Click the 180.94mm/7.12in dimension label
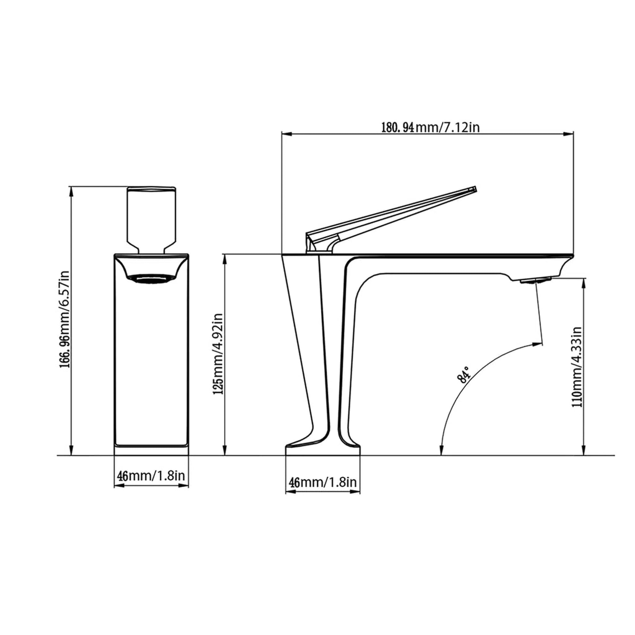point(430,127)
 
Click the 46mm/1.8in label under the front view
point(151,475)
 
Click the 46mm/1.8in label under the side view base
point(322,482)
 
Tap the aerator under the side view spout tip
point(536,280)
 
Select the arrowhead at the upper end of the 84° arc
point(538,344)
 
